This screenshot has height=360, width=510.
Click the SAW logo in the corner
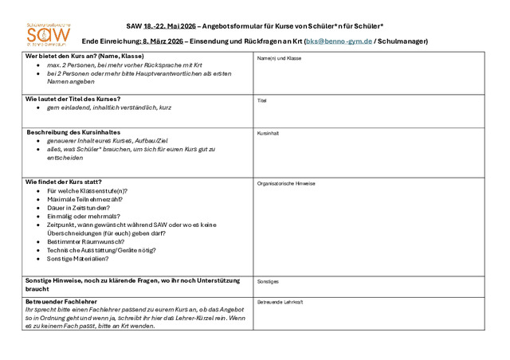click(48, 33)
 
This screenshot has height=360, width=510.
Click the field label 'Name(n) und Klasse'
click(279, 58)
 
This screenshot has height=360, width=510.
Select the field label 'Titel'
click(262, 101)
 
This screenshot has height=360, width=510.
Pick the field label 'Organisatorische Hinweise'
click(286, 183)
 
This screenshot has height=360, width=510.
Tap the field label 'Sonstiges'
click(268, 281)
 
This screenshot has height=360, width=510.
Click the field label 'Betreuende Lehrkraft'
click(280, 303)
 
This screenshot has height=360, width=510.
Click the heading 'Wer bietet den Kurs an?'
click(84, 56)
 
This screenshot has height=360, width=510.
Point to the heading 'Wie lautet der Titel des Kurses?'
click(73, 99)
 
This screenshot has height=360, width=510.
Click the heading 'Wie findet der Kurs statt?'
click(64, 182)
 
